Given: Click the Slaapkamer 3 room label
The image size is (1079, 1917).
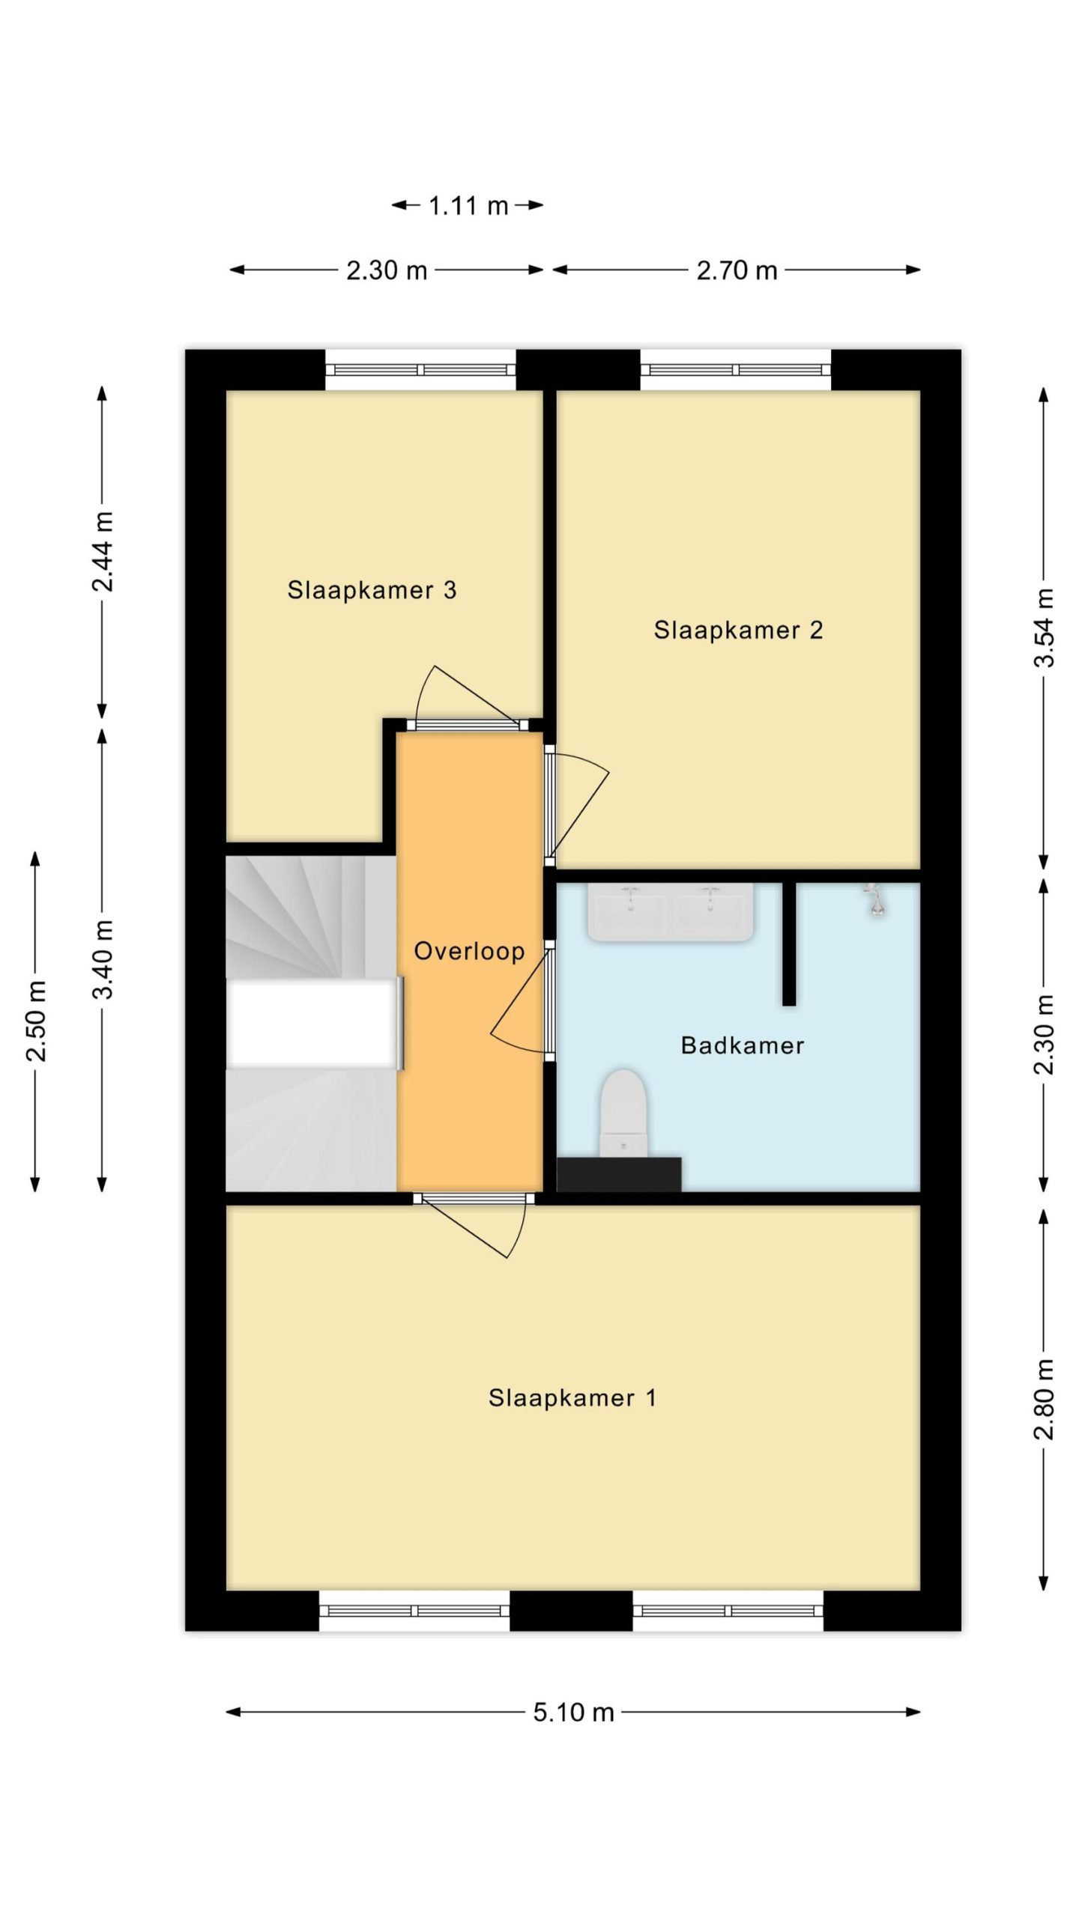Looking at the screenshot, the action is (372, 590).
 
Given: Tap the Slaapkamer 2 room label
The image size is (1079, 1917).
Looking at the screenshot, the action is (738, 630).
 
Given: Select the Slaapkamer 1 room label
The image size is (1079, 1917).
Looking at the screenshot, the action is (572, 1398).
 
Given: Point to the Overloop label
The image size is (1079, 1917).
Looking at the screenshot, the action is (469, 952).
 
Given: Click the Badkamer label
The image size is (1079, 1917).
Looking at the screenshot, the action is (742, 1045).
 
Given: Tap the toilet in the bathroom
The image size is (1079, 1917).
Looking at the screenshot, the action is (623, 1114).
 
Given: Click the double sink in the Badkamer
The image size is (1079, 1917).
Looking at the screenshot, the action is (671, 911).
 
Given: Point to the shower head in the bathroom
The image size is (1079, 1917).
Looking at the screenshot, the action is (874, 899).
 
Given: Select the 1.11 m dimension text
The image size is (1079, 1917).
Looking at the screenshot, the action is (468, 205).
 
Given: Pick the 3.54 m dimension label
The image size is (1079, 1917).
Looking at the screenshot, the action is (1044, 628).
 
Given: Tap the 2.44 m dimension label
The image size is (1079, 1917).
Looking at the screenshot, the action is (103, 551).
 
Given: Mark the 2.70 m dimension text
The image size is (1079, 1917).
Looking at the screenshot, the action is (737, 270).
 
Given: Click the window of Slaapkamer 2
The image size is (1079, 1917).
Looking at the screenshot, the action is (735, 370).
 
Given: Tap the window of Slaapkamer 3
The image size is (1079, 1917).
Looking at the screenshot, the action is (420, 370).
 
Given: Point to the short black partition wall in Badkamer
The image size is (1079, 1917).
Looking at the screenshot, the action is (789, 944).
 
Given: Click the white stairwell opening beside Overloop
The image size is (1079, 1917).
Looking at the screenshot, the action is (312, 1023).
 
